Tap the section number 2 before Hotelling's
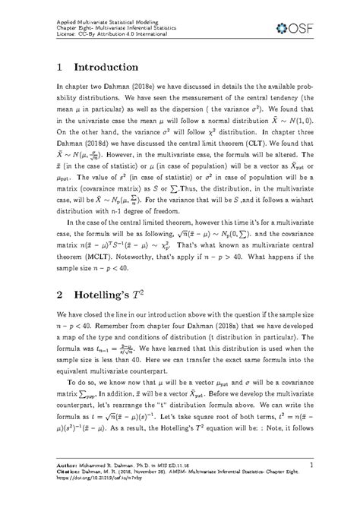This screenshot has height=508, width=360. pos(61,287)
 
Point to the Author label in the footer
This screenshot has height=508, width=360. pos(71,463)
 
